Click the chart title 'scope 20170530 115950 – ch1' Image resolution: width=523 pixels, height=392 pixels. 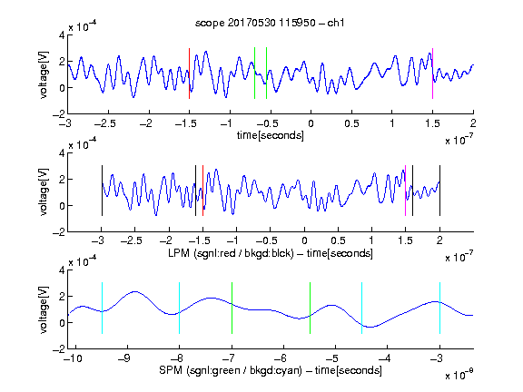pos(270,23)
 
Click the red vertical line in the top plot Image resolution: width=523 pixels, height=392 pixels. pos(189,73)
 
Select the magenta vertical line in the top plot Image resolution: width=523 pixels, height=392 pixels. pos(432,73)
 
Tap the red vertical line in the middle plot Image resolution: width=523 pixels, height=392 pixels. pos(202,191)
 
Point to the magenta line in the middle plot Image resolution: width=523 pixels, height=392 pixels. pos(405,191)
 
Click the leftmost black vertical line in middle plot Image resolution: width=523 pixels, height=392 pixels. pos(102,191)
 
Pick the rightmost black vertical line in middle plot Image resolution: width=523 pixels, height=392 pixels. pos(439,191)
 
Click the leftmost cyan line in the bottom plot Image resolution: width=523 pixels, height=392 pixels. pos(102,308)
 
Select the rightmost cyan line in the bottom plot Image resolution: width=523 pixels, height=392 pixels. pos(439,308)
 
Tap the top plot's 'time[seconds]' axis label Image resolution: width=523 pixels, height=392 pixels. pos(271,135)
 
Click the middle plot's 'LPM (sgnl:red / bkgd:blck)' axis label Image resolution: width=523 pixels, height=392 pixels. pos(231,253)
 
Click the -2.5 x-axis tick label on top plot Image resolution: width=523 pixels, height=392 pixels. pos(104,123)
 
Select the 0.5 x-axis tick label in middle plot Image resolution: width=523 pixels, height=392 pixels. pos(338,240)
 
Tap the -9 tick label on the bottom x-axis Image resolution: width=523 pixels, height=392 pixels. pos(124,358)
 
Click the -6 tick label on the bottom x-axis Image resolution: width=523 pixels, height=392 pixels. pos(283,358)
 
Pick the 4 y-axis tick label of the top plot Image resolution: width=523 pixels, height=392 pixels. pos(62,35)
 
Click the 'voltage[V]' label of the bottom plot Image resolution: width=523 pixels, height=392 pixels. pos(44,309)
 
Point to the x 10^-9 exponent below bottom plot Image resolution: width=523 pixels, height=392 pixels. pos(459,375)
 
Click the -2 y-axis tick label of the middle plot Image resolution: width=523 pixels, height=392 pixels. pos(59,232)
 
